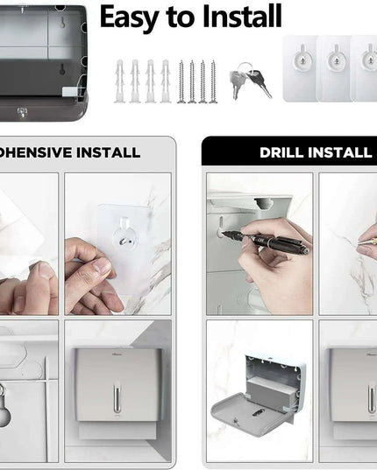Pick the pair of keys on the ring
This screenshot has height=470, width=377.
248,81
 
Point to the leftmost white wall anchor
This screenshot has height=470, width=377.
119,81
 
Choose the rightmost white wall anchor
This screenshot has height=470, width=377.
164,81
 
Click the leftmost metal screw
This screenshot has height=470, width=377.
181,82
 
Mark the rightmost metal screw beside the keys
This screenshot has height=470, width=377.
213,82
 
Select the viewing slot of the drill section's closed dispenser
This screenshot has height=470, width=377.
370,398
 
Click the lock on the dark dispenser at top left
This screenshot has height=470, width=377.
21,112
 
